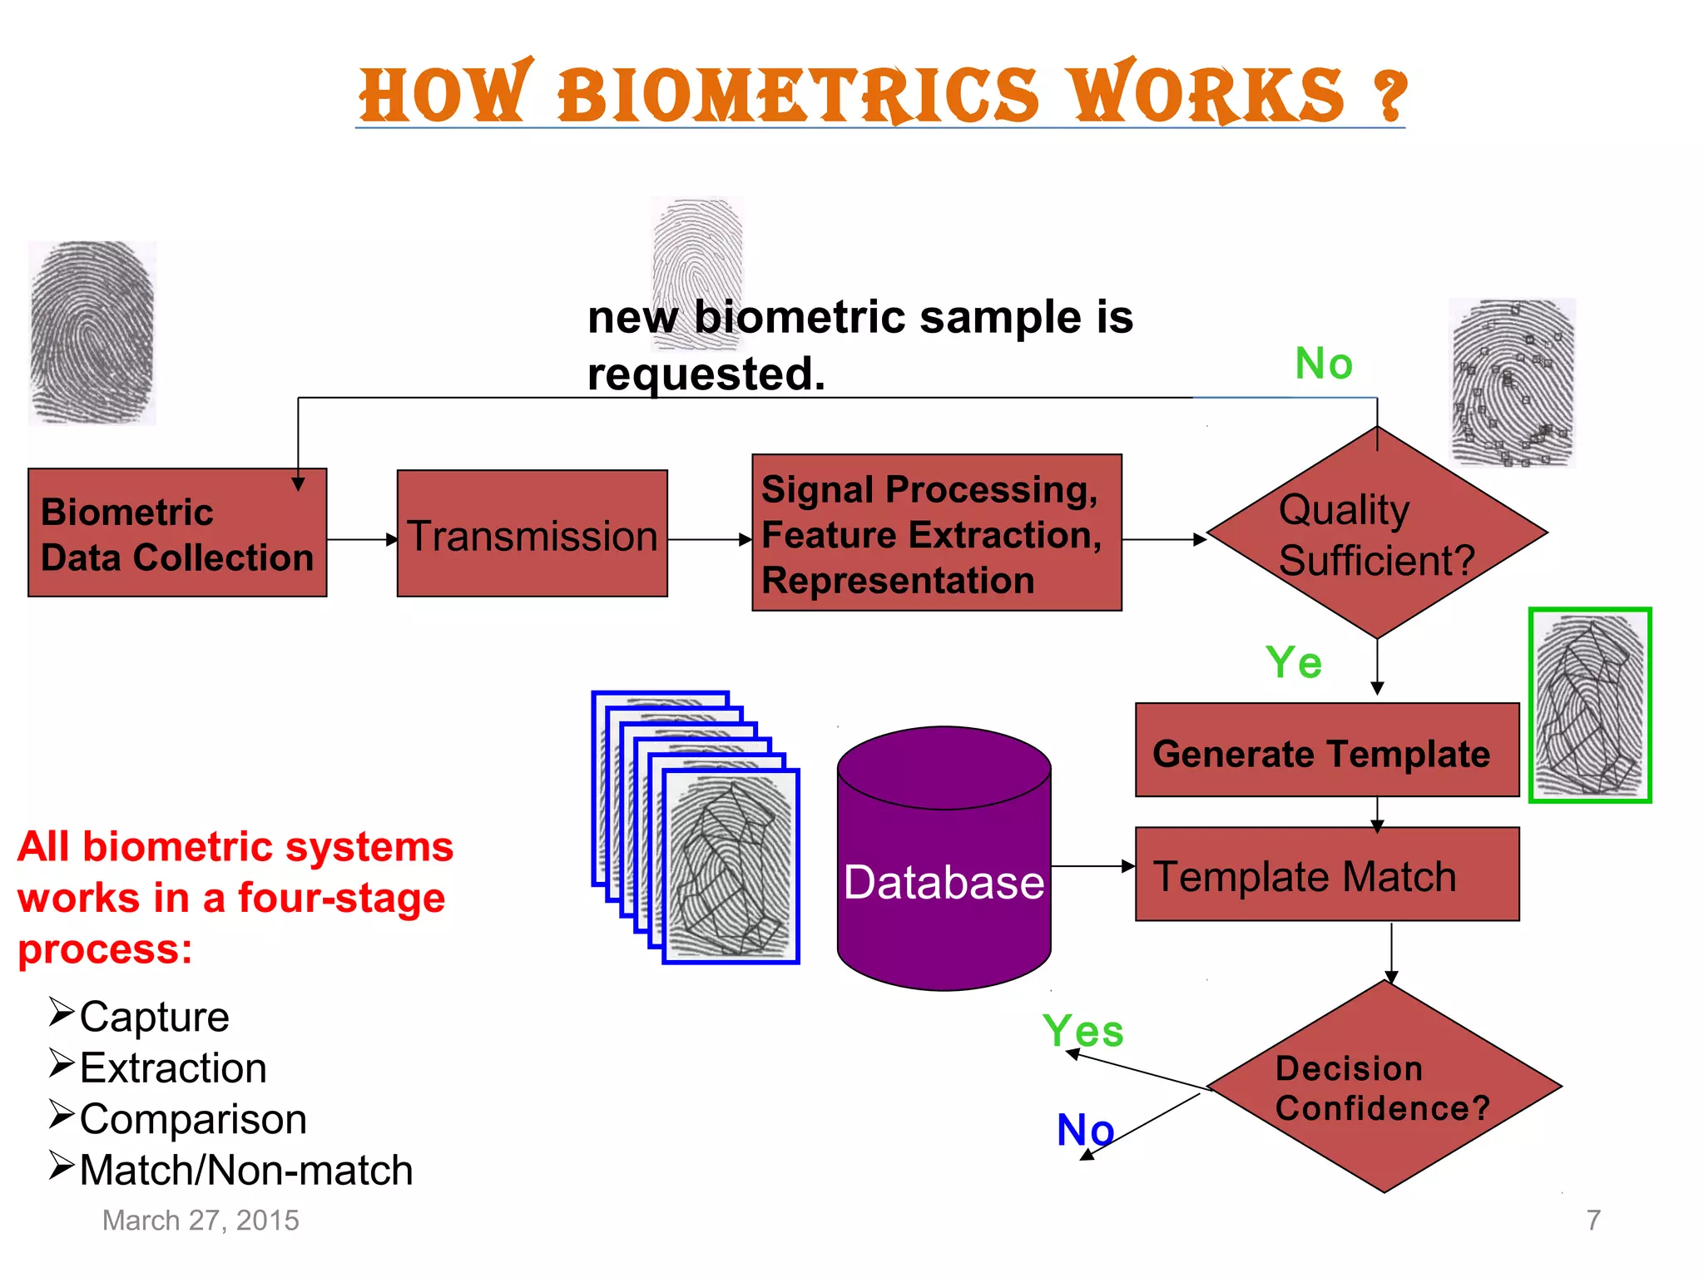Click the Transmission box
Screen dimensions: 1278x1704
[x=532, y=533]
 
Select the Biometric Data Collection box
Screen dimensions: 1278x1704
[x=176, y=533]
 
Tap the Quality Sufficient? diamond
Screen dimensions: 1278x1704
[x=1376, y=533]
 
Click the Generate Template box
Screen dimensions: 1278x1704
[x=1326, y=750]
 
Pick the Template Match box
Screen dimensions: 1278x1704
[x=1326, y=874]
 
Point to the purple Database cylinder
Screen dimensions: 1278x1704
[x=944, y=865]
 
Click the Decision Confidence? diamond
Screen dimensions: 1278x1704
[x=1383, y=1087]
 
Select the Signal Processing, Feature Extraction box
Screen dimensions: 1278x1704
[x=936, y=533]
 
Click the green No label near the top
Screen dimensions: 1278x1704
[x=1323, y=364]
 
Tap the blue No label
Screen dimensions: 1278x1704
[x=1084, y=1130]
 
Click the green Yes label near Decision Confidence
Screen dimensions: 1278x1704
[x=1082, y=1032]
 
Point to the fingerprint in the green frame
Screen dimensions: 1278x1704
[x=1589, y=706]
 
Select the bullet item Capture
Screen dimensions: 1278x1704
[x=154, y=1017]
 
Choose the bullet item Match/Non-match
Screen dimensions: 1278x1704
[x=245, y=1171]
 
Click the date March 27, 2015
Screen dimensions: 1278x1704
[x=201, y=1221]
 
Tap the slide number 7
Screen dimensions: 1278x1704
[x=1593, y=1221]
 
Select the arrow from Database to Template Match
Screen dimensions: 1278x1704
[x=1092, y=867]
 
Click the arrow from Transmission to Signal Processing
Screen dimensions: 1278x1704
[x=709, y=540]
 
